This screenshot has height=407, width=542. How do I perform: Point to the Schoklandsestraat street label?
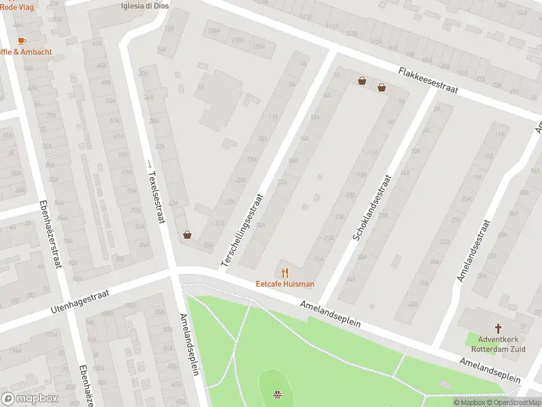tap(372, 207)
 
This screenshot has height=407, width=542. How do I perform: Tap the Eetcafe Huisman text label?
tap(285, 284)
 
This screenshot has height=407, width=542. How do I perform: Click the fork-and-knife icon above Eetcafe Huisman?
tap(285, 273)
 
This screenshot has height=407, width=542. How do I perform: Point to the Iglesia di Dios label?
tap(144, 5)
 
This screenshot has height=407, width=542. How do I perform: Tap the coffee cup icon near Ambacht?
tap(22, 41)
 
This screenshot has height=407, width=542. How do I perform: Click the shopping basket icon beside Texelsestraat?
tap(187, 235)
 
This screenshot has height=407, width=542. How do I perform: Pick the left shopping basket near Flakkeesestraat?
tap(362, 81)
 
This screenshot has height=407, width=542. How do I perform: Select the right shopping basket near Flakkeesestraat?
tap(382, 87)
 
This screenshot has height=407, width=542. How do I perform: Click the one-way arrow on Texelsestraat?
tap(149, 163)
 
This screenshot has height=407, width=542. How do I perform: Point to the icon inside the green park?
tap(276, 394)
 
